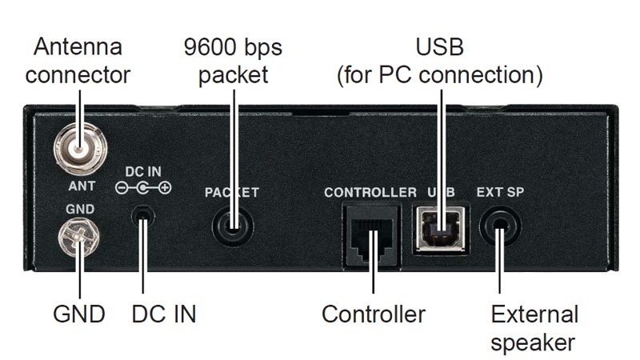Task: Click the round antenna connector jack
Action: tap(81, 148)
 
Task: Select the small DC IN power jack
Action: tap(143, 215)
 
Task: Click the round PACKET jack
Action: tap(233, 226)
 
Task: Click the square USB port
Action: tap(440, 227)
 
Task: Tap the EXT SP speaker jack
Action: tap(500, 226)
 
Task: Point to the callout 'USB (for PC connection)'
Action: tap(439, 61)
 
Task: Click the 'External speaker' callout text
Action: tap(534, 328)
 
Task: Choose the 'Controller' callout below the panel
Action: tap(373, 314)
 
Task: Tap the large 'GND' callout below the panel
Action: tap(80, 314)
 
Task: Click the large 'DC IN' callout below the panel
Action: tap(163, 314)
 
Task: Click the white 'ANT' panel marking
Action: tap(82, 186)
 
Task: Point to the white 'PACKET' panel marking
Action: tap(232, 193)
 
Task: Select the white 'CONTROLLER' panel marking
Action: tap(370, 193)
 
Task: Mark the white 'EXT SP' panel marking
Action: tap(500, 193)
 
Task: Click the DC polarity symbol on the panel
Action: tap(143, 189)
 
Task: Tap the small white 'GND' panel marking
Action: tap(80, 208)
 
